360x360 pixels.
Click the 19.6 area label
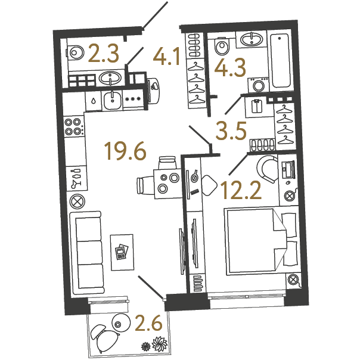click(x=125, y=151)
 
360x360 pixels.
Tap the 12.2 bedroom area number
click(x=241, y=190)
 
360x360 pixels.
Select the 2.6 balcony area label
click(x=149, y=322)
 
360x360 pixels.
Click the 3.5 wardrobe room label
click(x=231, y=131)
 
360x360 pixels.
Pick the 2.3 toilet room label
click(x=103, y=54)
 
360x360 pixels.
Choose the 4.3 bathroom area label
click(x=230, y=67)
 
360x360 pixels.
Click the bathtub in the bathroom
click(x=280, y=60)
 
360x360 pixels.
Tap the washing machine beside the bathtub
click(x=259, y=85)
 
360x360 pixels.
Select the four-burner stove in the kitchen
click(x=74, y=126)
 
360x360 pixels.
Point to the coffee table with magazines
click(x=122, y=252)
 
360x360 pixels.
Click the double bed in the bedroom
click(x=262, y=241)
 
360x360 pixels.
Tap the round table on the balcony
click(x=121, y=323)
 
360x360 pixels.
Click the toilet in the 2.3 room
click(x=75, y=53)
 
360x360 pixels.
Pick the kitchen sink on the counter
click(x=112, y=100)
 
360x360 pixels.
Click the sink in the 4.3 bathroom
click(x=252, y=39)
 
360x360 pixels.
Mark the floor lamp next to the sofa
click(x=77, y=201)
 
